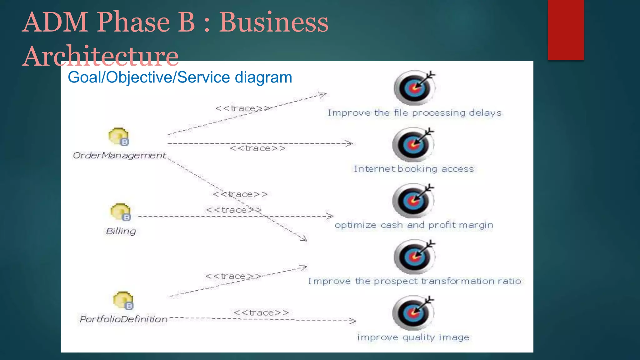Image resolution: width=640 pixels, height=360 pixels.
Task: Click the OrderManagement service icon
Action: (x=119, y=137)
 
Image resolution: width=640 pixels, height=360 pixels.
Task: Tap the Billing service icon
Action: (x=121, y=212)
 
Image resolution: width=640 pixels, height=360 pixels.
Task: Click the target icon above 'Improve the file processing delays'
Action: (x=414, y=88)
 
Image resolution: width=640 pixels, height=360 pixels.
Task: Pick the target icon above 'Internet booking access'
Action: (x=413, y=144)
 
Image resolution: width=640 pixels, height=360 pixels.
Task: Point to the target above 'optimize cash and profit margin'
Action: (x=413, y=201)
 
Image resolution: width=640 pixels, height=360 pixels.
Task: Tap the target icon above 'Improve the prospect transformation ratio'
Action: (x=414, y=257)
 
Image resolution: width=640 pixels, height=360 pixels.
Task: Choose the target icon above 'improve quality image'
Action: (x=413, y=313)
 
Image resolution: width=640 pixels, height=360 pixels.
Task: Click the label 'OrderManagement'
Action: (x=119, y=155)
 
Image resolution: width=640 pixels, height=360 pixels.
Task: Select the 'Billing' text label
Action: (x=121, y=231)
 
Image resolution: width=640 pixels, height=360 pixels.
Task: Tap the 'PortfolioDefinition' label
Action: (x=124, y=319)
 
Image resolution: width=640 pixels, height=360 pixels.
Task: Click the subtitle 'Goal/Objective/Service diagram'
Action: (x=180, y=77)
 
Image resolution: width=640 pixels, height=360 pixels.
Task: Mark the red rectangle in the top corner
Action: (x=566, y=30)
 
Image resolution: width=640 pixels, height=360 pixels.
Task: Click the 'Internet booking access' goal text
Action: (x=414, y=169)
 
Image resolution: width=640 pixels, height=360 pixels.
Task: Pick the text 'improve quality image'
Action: (x=413, y=337)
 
